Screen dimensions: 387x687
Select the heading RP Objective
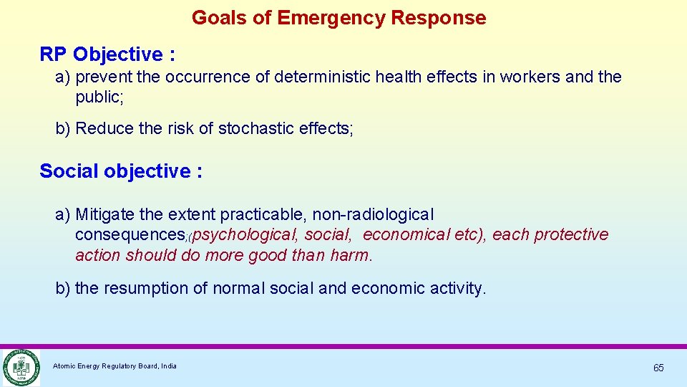click(107, 54)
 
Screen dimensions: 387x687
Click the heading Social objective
click(121, 171)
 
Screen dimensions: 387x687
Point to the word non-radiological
click(373, 214)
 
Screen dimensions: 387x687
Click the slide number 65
click(658, 368)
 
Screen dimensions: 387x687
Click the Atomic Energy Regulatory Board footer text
click(114, 366)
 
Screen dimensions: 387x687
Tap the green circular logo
click(20, 367)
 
